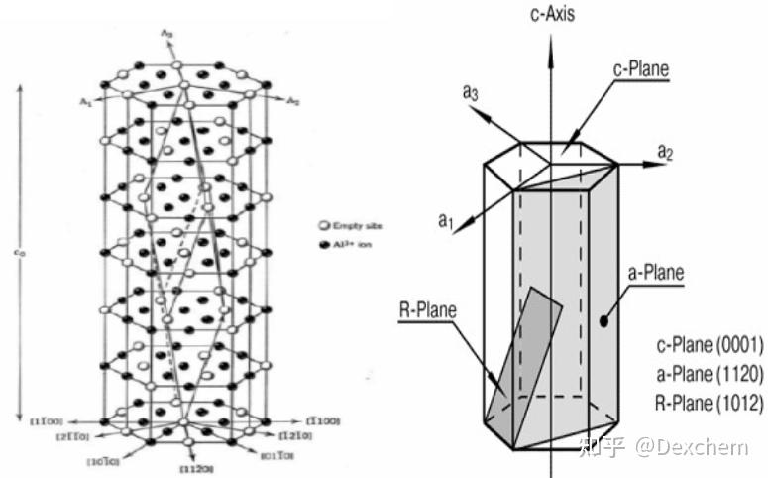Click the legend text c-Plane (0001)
[x=709, y=346]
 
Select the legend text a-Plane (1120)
[x=709, y=374]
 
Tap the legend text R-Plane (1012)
[x=709, y=403]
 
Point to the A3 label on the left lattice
[x=167, y=34]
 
